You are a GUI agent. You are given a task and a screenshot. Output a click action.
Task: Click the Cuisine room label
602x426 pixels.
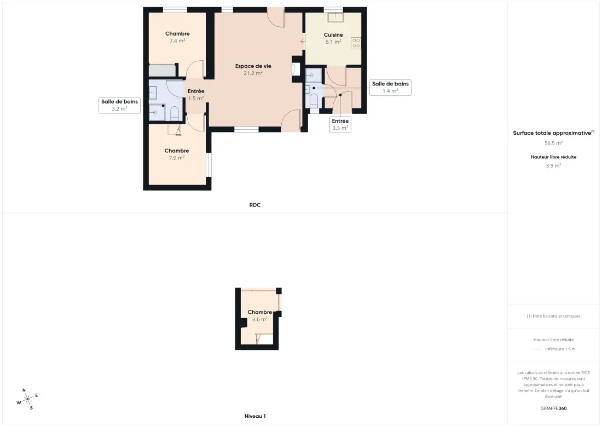[x=333, y=34]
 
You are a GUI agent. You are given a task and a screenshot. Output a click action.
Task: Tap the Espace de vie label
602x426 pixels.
[x=253, y=66]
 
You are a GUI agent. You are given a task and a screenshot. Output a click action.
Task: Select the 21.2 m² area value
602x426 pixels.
[x=253, y=73]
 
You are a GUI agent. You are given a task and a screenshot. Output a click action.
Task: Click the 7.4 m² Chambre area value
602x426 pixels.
[x=177, y=41]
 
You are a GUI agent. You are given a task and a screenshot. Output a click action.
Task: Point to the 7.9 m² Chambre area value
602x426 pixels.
[x=177, y=158]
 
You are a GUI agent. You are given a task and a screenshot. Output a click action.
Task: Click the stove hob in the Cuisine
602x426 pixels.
[x=356, y=43]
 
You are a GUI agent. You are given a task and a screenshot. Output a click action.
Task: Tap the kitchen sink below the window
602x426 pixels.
[x=335, y=18]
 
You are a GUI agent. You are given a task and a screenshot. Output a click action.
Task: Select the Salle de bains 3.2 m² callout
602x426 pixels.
[x=119, y=105]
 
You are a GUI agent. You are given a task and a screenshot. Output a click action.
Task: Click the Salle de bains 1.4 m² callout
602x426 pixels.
[x=390, y=87]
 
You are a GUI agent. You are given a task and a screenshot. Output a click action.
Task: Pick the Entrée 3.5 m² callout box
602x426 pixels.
[x=340, y=124]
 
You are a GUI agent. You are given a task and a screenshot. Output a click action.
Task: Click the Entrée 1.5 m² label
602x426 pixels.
[x=196, y=95]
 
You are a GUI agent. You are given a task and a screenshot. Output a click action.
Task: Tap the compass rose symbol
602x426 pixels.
[x=27, y=400]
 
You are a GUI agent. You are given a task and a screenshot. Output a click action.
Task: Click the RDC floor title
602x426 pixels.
[x=255, y=205]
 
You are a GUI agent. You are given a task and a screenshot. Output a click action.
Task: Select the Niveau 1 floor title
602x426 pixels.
[x=255, y=416]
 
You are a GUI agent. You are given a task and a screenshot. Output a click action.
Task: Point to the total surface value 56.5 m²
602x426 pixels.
[x=553, y=143]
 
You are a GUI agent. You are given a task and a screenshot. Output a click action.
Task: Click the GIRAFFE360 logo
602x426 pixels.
[x=553, y=408]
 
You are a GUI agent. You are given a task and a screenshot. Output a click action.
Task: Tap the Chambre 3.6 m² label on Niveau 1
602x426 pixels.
[x=260, y=316]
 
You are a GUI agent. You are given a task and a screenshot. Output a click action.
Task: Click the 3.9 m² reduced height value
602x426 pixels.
[x=553, y=165]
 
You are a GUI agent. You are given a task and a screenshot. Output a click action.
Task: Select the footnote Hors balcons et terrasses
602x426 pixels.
[x=553, y=316]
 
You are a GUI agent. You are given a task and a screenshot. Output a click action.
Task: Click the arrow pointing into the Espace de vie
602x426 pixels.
[x=303, y=41]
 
